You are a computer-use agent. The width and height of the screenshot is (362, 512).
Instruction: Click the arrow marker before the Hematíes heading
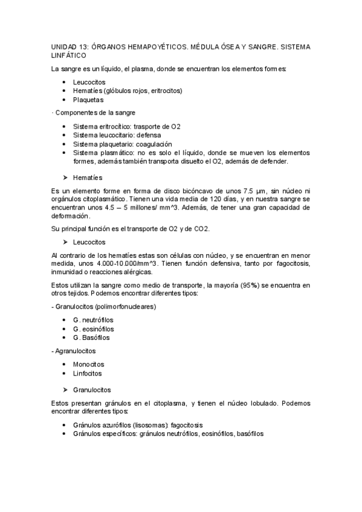point(65,178)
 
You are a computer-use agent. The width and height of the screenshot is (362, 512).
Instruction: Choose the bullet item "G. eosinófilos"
point(93,329)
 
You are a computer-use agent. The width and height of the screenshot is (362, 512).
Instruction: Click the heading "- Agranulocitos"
point(74,351)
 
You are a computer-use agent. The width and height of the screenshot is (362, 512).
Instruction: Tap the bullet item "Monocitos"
point(88,365)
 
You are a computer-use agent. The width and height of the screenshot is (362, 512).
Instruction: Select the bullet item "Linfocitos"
point(88,374)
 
